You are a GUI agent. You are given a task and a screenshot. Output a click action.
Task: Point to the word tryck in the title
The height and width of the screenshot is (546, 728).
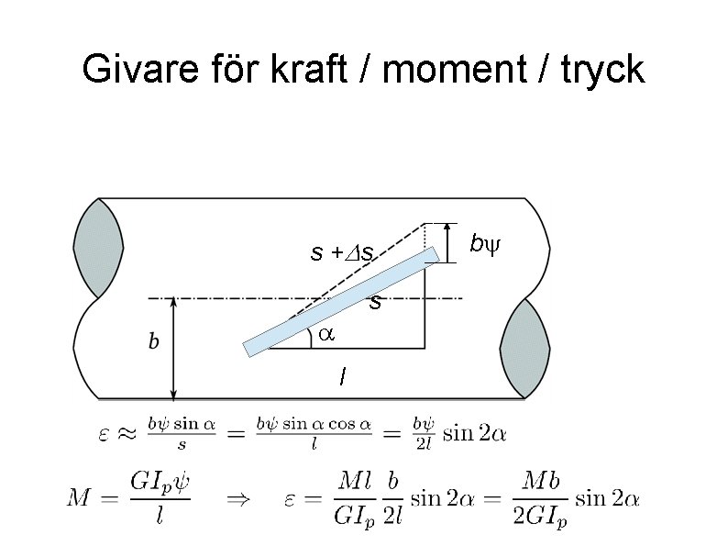pyautogui.click(x=601, y=69)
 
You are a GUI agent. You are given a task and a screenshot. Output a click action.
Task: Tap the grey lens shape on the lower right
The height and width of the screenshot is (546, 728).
pyautogui.click(x=525, y=348)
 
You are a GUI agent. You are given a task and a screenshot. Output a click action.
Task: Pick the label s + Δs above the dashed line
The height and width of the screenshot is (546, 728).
pyautogui.click(x=341, y=251)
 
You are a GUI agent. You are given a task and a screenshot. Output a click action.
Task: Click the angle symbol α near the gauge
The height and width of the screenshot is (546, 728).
pyautogui.click(x=326, y=336)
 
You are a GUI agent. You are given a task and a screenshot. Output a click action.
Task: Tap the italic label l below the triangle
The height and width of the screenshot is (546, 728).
pyautogui.click(x=342, y=376)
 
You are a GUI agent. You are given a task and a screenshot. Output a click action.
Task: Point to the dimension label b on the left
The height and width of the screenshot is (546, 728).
pyautogui.click(x=154, y=342)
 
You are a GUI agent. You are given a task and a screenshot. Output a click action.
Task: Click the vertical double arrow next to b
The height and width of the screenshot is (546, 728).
pyautogui.click(x=174, y=348)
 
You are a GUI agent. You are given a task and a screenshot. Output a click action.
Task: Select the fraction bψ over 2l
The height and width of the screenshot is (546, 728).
pyautogui.click(x=421, y=433)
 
